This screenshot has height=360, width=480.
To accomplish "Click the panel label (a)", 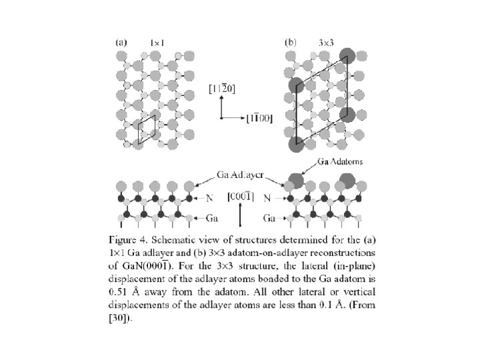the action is (121, 41).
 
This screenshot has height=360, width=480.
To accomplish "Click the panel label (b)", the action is (291, 41).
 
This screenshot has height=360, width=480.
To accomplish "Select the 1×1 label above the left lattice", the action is (157, 43).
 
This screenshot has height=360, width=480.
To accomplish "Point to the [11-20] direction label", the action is (220, 88).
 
